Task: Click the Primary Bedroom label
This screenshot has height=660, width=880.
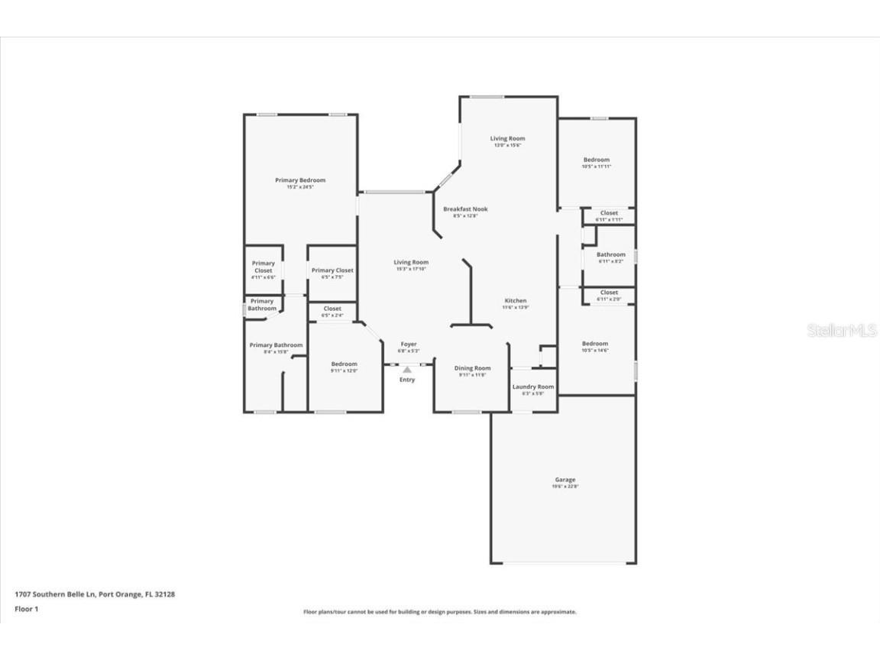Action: pyautogui.click(x=300, y=180)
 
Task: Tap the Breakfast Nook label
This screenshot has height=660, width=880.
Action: pyautogui.click(x=465, y=209)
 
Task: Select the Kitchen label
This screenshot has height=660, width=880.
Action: pyautogui.click(x=515, y=301)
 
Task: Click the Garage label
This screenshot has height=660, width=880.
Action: pyautogui.click(x=565, y=480)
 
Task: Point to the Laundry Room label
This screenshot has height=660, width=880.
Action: pyautogui.click(x=533, y=387)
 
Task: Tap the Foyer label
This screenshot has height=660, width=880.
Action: pyautogui.click(x=409, y=345)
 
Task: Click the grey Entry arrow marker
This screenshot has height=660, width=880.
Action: pyautogui.click(x=407, y=370)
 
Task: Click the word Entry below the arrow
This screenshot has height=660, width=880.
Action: pyautogui.click(x=407, y=380)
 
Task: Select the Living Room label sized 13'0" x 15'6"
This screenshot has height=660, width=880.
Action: pyautogui.click(x=508, y=139)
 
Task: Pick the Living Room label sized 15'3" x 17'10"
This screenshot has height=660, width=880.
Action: pyautogui.click(x=411, y=263)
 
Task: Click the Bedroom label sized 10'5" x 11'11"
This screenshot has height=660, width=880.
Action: pyautogui.click(x=597, y=160)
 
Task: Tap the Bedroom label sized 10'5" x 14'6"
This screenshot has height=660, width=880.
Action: pyautogui.click(x=595, y=344)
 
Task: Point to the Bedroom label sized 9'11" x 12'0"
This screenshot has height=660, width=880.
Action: pyautogui.click(x=344, y=364)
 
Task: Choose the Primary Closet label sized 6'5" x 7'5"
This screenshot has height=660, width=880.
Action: pyautogui.click(x=332, y=270)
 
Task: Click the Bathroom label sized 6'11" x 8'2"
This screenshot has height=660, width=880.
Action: pyautogui.click(x=611, y=255)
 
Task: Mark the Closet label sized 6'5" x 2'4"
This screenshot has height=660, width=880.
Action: pyautogui.click(x=332, y=309)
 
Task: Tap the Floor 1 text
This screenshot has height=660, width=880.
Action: pyautogui.click(x=26, y=609)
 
